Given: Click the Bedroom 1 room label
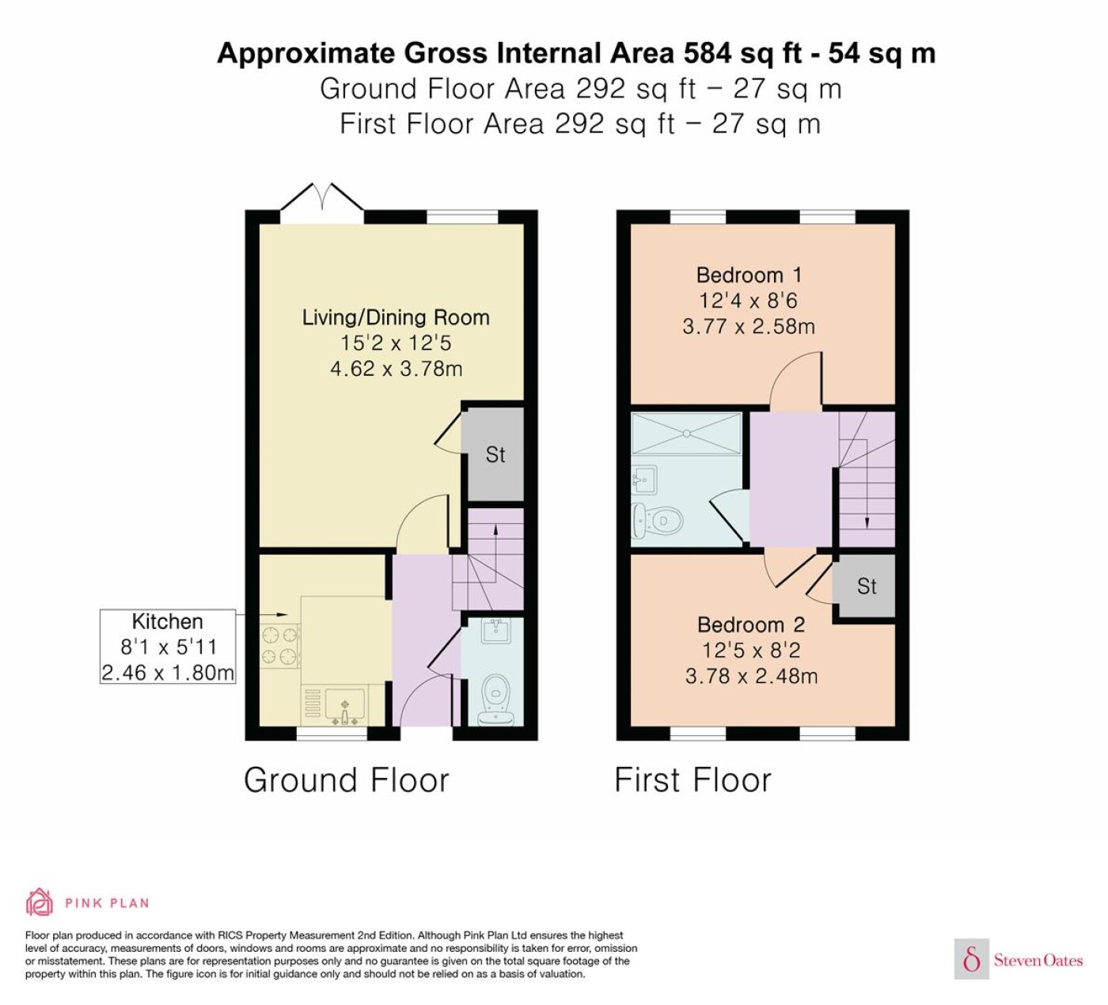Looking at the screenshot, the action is (749, 275).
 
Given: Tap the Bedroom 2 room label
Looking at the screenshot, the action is (750, 624).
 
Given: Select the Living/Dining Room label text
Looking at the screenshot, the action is (396, 317).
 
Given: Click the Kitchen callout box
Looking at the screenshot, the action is (167, 647).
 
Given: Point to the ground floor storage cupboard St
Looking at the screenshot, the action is (495, 454).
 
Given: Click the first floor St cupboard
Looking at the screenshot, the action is (866, 586).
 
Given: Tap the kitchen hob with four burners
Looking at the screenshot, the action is (279, 646).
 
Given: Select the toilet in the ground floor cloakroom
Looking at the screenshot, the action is (495, 700).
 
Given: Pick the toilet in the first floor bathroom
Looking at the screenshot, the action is (657, 520).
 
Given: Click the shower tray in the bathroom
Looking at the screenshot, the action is (686, 434).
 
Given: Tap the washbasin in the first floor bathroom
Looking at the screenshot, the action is (644, 479).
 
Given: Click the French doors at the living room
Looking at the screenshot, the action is (323, 203).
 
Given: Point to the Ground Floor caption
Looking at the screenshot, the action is (347, 779).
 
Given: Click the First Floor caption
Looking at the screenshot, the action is (692, 779).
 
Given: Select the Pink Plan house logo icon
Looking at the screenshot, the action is (40, 902).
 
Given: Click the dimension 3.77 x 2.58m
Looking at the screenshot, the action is (749, 327).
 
